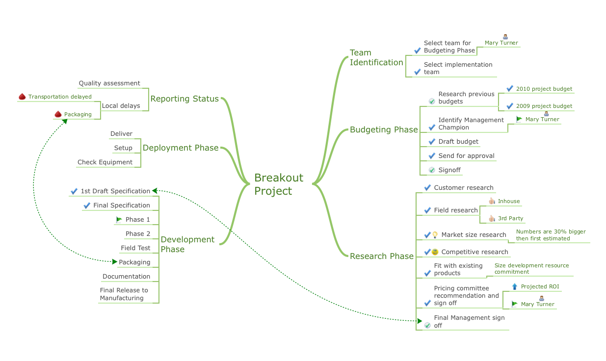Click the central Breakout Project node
click(x=278, y=184)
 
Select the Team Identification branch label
click(x=376, y=57)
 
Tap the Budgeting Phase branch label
click(x=383, y=130)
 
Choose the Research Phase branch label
click(x=381, y=256)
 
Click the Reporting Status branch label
click(x=184, y=99)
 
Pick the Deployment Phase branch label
click(x=180, y=148)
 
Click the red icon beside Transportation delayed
click(x=22, y=97)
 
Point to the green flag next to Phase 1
click(x=119, y=220)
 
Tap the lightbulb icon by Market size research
click(x=435, y=235)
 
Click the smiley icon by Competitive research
click(x=435, y=252)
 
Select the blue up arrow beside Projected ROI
click(x=514, y=286)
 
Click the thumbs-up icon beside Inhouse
click(x=492, y=201)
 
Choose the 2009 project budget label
click(x=544, y=106)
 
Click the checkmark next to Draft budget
click(x=432, y=142)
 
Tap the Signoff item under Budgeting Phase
click(x=449, y=170)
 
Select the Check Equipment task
click(x=105, y=162)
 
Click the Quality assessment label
click(x=109, y=83)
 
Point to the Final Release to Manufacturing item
click(x=124, y=294)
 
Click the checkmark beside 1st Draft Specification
click(x=74, y=191)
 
